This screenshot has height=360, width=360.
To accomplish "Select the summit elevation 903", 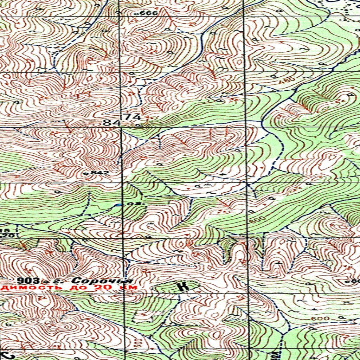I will pyautogui.click(x=28, y=281).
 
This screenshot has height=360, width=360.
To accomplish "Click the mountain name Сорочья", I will pyautogui.click(x=102, y=281).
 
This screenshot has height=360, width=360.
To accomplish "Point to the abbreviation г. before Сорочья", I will pyautogui.click(x=64, y=281).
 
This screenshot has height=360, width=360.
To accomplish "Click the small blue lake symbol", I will pyautogui.click(x=120, y=205).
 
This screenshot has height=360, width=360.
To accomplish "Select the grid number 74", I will pyautogui.click(x=133, y=117).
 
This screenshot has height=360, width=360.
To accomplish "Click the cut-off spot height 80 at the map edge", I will pyautogui.click(x=355, y=281).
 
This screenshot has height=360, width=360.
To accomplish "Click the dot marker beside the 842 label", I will pyautogui.click(x=86, y=173).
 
